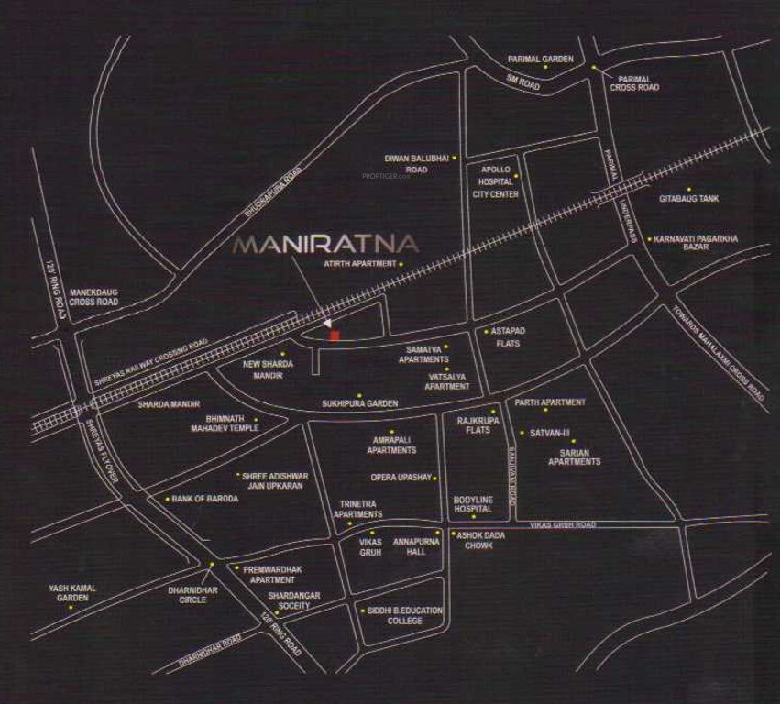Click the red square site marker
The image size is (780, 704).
[335, 336]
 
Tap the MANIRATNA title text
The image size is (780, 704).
[326, 245]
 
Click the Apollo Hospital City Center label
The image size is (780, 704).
[494, 181]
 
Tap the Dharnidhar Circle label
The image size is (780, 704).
[199, 595]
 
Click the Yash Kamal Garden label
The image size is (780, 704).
[72, 592]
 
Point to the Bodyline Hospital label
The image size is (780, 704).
[473, 504]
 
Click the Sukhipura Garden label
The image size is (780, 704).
[359, 403]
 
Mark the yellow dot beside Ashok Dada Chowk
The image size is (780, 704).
[452, 533]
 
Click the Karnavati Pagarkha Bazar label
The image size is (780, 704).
[696, 243]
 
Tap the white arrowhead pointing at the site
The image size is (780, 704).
[327, 323]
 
